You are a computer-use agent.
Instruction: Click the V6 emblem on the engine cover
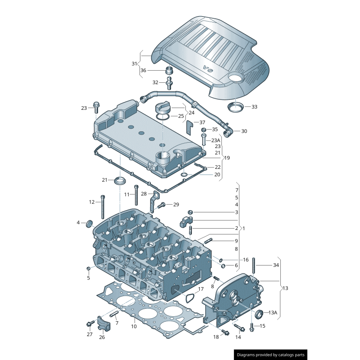click(x=207, y=68)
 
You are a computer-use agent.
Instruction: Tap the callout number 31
click(x=134, y=64)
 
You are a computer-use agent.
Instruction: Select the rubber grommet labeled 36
click(x=170, y=71)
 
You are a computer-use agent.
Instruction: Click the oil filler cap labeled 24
click(x=162, y=108)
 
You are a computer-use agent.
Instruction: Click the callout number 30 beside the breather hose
click(x=244, y=131)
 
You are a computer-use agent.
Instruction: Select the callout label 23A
click(x=216, y=140)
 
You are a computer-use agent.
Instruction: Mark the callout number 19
click(x=227, y=158)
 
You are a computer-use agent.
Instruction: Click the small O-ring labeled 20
click(x=185, y=174)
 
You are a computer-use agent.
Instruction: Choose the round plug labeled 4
click(x=89, y=223)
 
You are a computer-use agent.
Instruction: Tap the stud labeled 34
click(x=254, y=265)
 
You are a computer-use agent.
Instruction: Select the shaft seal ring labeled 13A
click(x=259, y=314)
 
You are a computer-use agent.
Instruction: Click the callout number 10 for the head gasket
click(x=134, y=326)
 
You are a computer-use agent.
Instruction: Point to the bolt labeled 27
click(x=90, y=324)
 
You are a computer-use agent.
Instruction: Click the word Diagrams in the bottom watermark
click(x=248, y=355)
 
